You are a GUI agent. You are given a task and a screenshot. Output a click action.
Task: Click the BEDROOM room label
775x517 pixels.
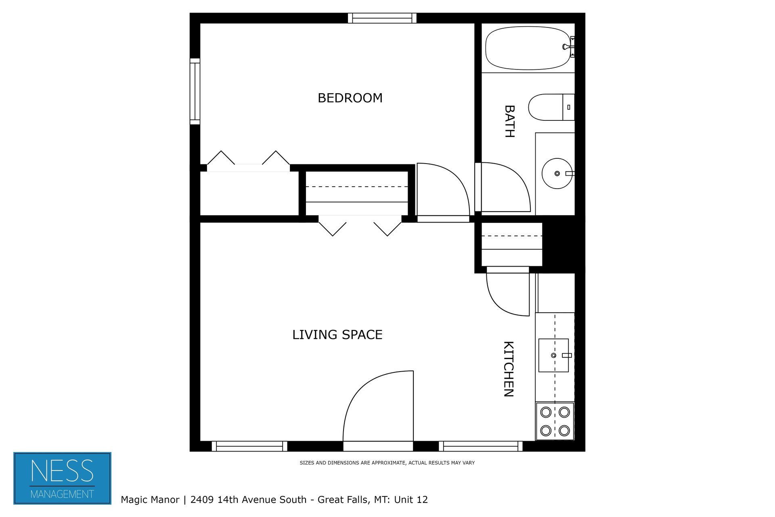[350, 98]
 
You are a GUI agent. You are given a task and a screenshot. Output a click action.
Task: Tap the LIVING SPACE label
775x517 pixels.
[337, 335]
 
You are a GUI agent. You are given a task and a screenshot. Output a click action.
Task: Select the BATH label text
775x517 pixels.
[509, 121]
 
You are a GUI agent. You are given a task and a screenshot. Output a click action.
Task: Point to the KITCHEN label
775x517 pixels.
[508, 369]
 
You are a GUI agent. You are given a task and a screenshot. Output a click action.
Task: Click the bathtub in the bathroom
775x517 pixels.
[527, 48]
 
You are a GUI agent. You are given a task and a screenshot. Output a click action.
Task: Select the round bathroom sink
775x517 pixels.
[557, 174]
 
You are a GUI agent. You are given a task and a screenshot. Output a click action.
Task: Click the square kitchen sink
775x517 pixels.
[553, 355]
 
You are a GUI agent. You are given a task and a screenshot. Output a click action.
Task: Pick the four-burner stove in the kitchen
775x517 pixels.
[555, 421]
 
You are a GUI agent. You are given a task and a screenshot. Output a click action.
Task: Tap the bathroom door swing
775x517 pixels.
[505, 188]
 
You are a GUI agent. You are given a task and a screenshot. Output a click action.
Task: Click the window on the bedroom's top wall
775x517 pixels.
[382, 18]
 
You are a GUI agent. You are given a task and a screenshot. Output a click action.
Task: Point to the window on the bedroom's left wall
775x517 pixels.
[195, 91]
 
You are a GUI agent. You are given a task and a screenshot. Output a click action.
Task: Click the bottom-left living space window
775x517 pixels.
[249, 446]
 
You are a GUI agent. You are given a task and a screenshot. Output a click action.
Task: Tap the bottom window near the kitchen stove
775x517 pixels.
[480, 446]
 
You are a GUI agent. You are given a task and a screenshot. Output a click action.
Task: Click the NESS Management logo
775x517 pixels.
[62, 478]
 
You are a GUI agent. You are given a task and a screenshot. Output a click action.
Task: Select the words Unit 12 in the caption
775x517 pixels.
[411, 500]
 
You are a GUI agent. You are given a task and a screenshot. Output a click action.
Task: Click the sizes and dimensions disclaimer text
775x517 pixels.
[387, 463]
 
